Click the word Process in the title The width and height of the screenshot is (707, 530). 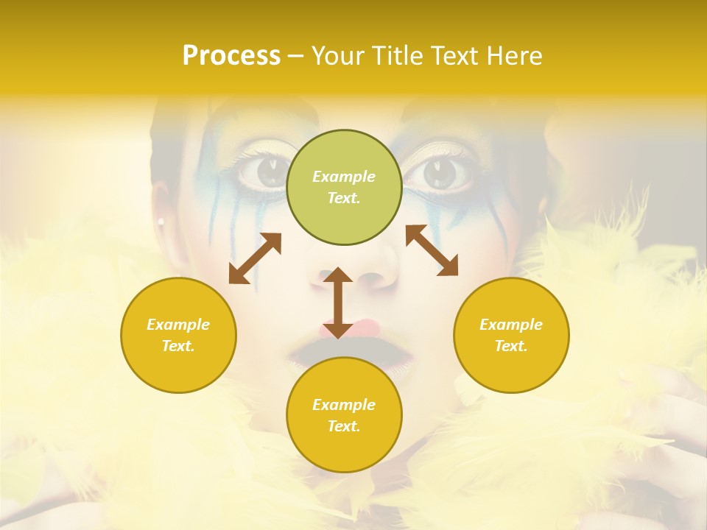coord(231,55)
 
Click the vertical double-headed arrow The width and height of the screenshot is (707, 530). coord(338,303)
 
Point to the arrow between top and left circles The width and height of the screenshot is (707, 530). coord(255,258)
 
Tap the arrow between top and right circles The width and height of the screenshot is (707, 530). coord(432,250)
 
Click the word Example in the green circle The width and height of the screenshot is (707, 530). coord(344,177)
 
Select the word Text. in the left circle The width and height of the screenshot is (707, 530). coord(178,346)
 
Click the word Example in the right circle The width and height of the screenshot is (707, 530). coord(511,325)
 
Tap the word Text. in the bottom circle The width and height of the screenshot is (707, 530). coord(344,426)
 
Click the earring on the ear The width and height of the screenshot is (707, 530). coord(160,221)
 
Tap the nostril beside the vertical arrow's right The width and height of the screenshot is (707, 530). coord(372,280)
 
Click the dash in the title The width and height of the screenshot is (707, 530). coord(295,56)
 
